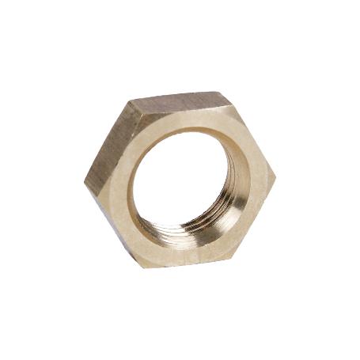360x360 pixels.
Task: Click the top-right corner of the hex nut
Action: pyautogui.click(x=230, y=98)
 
